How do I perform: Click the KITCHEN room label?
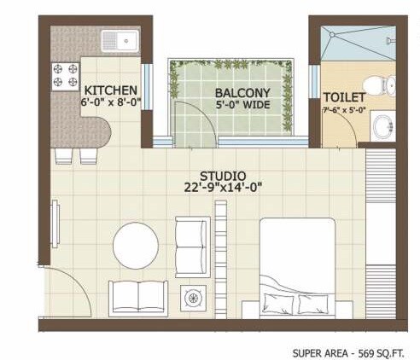tap(109, 89)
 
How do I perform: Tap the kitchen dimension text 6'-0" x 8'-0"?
tap(109, 102)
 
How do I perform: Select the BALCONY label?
tap(242, 92)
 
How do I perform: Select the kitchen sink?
tap(119, 39)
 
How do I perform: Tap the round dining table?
tap(136, 245)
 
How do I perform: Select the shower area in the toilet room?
tap(358, 43)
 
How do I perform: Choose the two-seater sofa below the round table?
tap(137, 297)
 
